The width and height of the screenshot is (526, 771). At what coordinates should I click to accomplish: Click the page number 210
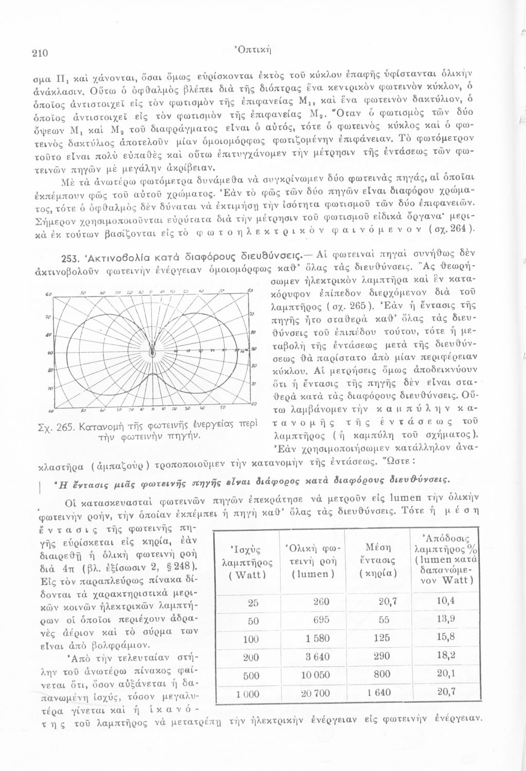(40, 52)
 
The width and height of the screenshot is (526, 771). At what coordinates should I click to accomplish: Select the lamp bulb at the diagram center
(152, 350)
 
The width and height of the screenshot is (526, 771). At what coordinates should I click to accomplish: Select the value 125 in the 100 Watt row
(382, 638)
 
